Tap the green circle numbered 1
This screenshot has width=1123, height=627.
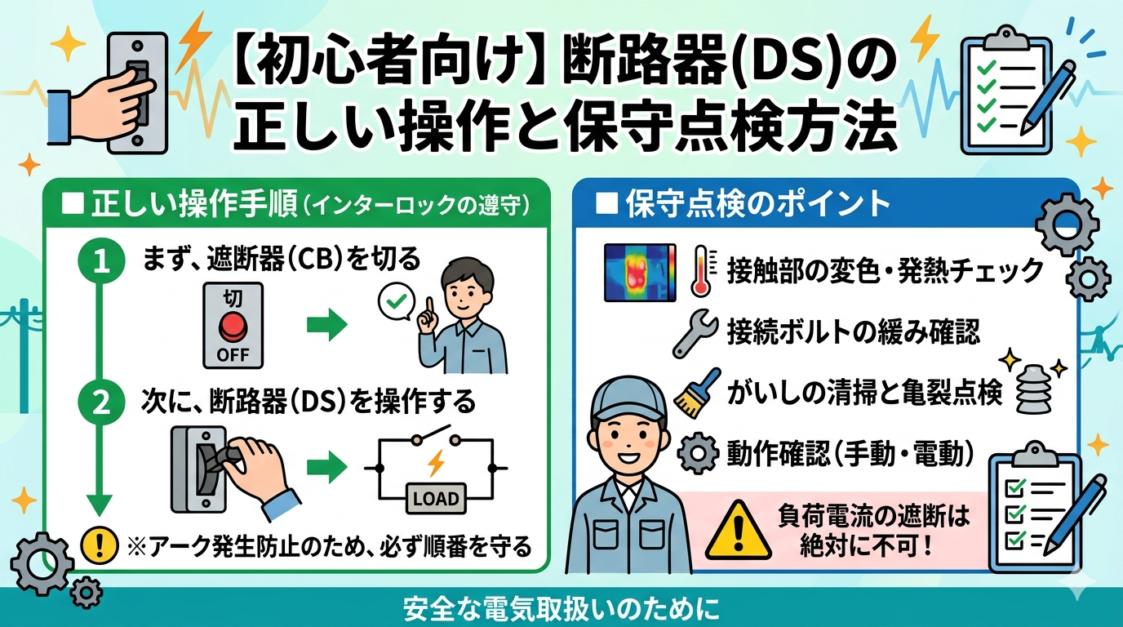(x=102, y=261)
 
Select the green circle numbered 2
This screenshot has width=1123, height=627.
(x=102, y=402)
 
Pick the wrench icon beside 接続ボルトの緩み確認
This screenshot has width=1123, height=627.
(x=695, y=333)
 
